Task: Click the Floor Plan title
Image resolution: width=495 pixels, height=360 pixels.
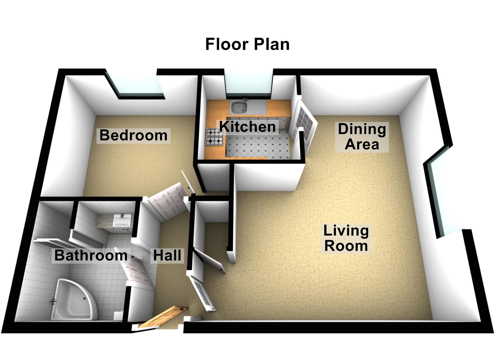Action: (247, 44)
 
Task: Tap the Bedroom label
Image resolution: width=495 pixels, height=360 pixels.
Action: (133, 135)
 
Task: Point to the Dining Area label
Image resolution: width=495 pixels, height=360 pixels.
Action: (362, 137)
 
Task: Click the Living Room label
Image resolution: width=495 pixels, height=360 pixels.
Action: (346, 238)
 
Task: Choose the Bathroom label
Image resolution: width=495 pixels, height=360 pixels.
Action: (91, 255)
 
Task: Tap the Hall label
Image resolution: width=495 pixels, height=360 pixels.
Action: (167, 255)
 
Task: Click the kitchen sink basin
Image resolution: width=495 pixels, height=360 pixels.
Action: (239, 107)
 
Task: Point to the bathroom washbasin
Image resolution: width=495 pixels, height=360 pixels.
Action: (121, 220)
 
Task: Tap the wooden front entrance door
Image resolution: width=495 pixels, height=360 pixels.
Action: (161, 317)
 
